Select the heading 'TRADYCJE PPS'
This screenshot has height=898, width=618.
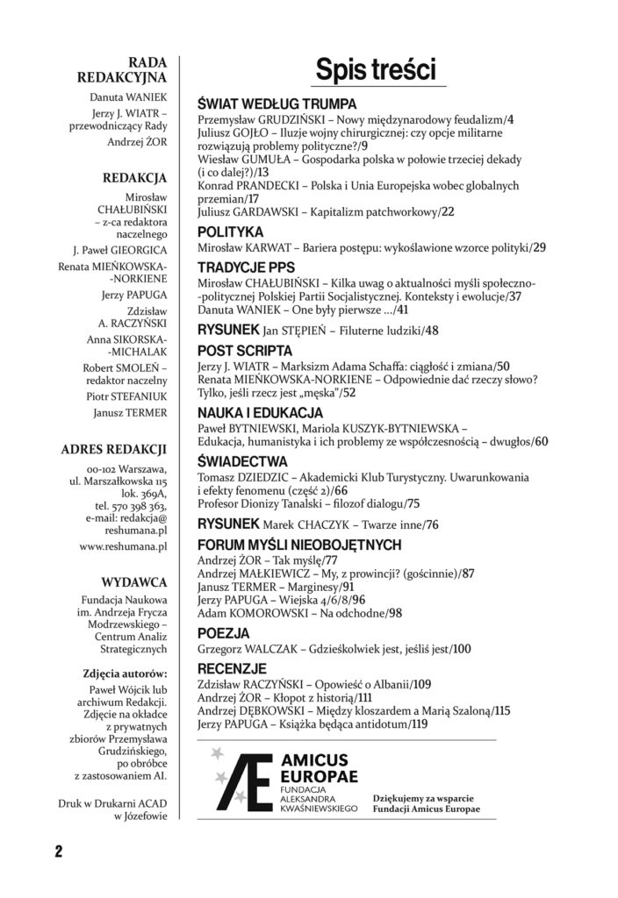click(246, 267)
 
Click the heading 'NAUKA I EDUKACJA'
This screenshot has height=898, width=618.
click(261, 411)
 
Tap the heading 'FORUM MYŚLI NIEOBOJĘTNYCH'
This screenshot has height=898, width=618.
click(299, 545)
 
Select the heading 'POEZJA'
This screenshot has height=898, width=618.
click(225, 631)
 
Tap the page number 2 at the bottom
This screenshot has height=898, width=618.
click(57, 852)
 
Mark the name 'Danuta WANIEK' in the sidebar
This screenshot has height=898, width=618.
click(133, 96)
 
